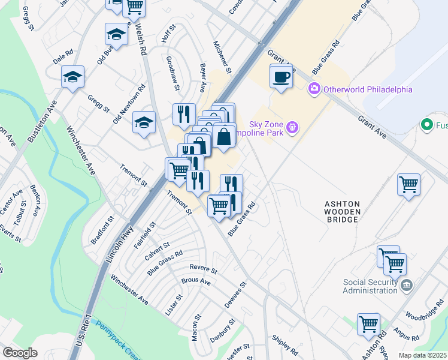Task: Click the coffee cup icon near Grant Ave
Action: point(281,77)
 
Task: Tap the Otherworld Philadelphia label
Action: point(368,89)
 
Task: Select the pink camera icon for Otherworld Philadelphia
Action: point(314,89)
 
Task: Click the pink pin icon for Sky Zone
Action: point(292,127)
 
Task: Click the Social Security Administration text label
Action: point(370,286)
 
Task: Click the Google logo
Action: point(20,353)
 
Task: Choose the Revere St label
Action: point(203,268)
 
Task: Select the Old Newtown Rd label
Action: point(130,104)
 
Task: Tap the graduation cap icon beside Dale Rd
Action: point(72,77)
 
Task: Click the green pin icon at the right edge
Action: point(427,125)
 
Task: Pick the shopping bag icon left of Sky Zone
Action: point(223,136)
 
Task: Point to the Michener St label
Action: point(222,55)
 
